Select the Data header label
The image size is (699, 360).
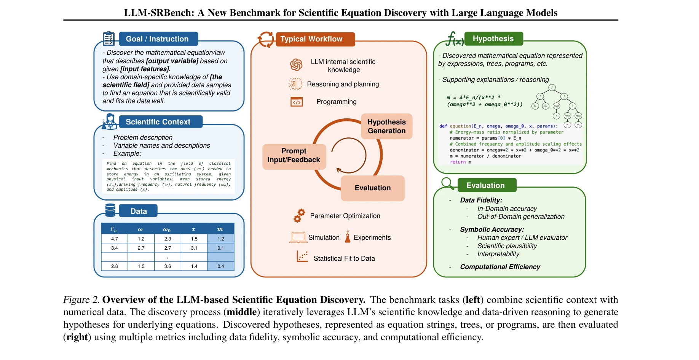coord(138,211)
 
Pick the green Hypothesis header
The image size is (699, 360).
coord(493,38)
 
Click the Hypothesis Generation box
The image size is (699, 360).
coord(386,126)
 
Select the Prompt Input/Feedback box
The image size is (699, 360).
coord(294,156)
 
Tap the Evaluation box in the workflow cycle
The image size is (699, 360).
coord(372,188)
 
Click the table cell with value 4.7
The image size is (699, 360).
coord(115,239)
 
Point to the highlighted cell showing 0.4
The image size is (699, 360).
coord(221,266)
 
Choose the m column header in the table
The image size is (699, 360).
coord(220,229)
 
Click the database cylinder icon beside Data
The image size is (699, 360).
coord(110,210)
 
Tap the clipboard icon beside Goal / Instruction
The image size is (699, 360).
coord(109,38)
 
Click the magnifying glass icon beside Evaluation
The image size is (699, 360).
coord(447,183)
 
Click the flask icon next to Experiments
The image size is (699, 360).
coord(347,237)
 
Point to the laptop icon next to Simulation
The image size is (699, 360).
coord(298,237)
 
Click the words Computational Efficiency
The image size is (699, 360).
coord(500,267)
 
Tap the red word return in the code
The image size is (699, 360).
coord(458,162)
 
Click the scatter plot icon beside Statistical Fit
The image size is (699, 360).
coord(302,256)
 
